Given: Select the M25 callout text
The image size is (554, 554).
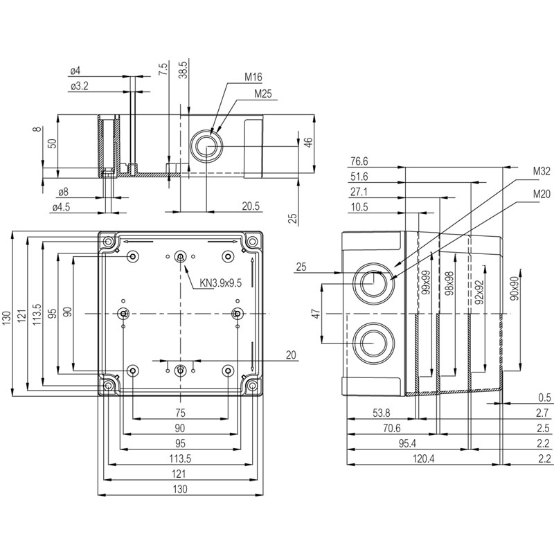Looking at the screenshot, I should pos(262,93).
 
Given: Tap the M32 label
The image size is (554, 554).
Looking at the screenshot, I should pos(541,170).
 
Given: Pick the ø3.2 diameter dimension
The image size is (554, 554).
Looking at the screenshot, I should pos(80,87).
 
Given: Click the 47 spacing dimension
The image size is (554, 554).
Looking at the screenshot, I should pos(315,314).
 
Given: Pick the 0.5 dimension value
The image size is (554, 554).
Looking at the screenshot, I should pos(544,397).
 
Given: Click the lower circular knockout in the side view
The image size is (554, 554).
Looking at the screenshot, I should pos(373,343).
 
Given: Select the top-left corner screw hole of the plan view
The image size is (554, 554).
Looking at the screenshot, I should pos(108,242).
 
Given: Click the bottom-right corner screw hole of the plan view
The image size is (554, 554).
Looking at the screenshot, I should pos(253,385).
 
